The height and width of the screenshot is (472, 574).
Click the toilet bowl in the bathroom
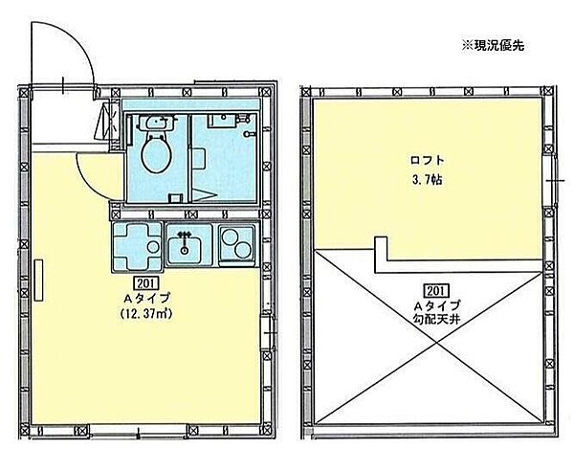coord(153,151)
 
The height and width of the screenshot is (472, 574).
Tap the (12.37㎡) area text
coord(146,313)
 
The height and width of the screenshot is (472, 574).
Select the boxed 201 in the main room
coord(146,284)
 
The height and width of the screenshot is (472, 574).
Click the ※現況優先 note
coord(494,44)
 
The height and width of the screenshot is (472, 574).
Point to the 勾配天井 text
coord(433,322)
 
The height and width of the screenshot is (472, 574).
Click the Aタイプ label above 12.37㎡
coord(146,299)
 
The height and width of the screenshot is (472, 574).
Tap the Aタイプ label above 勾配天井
coord(433,305)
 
